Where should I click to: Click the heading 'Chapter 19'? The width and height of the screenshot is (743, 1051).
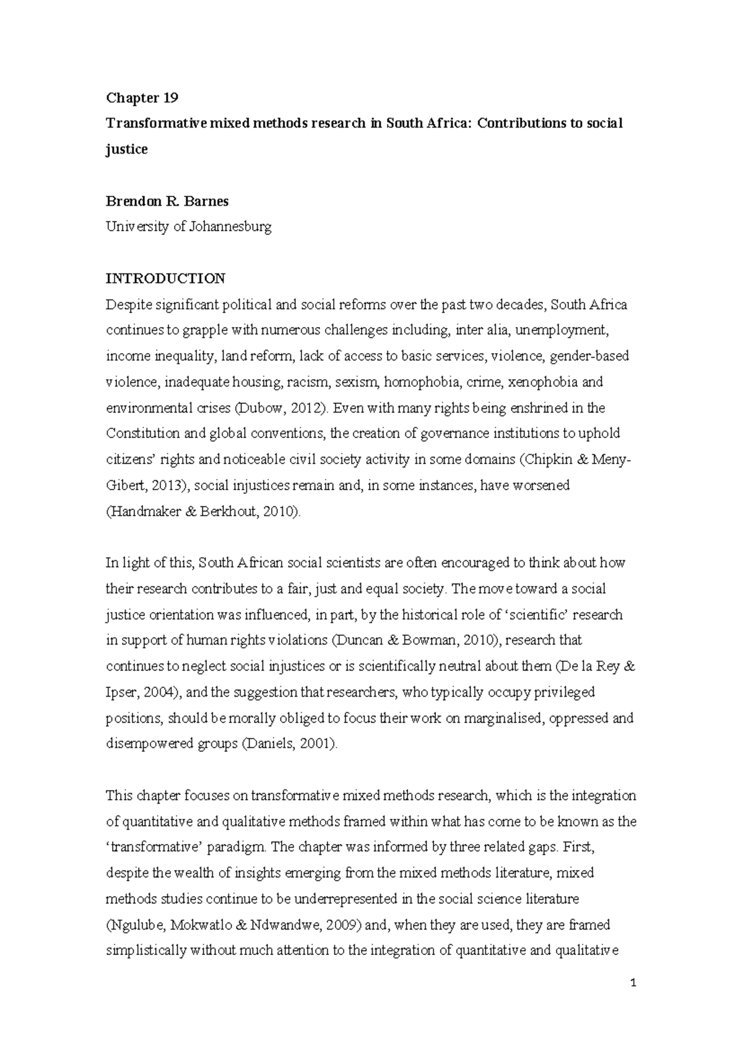(142, 97)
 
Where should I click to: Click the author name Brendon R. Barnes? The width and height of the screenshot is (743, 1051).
(167, 201)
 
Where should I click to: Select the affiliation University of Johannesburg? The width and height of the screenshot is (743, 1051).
(188, 227)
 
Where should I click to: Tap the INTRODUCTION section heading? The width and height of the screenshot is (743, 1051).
(165, 278)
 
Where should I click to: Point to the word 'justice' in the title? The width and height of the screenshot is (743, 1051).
(126, 149)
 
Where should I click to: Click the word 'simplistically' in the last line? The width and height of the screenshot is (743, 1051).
(146, 951)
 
